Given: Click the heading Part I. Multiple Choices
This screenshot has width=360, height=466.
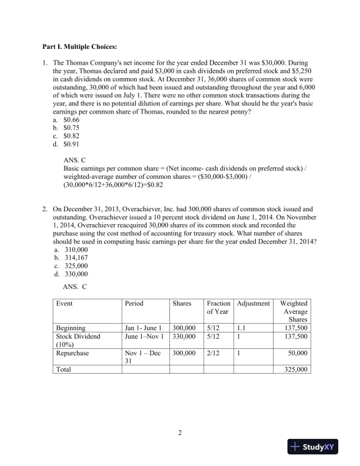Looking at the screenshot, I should pos(79,46).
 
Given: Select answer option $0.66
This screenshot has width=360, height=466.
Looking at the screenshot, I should pos(71,119).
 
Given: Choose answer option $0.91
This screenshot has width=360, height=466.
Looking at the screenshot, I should pos(71,144).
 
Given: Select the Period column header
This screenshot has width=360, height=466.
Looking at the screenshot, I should pos(134,304).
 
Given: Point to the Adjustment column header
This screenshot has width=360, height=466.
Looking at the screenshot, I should pos(253,304).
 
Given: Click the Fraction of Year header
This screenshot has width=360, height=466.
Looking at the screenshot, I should pos(218,307).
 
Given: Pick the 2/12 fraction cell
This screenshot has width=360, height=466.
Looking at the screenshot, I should pos(213,353).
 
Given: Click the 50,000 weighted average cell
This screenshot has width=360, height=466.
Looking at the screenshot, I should pos(298,353).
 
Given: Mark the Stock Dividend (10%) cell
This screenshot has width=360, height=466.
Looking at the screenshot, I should pos(78,341).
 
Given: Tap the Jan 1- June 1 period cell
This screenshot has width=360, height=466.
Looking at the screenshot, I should pos(143,328).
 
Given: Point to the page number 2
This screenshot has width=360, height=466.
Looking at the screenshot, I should pos(180,434).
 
